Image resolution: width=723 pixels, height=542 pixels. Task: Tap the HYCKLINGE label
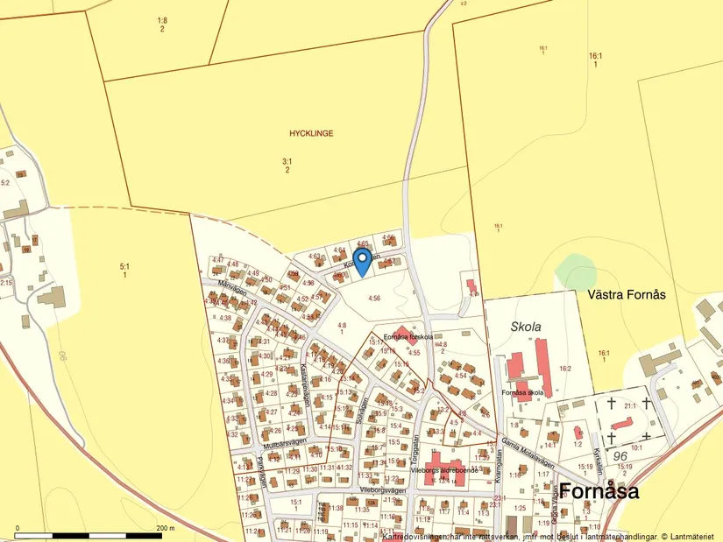click(311, 133)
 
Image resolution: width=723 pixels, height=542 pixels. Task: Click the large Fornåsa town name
click(599, 490)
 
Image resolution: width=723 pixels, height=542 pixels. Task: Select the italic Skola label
click(526, 327)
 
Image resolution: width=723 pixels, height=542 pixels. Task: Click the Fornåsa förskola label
click(409, 336)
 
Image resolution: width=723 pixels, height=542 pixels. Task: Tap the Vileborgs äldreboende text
click(444, 470)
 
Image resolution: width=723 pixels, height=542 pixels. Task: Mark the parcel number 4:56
click(374, 299)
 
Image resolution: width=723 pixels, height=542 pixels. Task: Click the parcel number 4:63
click(315, 256)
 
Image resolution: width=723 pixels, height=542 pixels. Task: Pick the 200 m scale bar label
click(165, 529)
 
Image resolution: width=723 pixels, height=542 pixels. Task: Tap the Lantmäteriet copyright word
click(695, 536)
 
